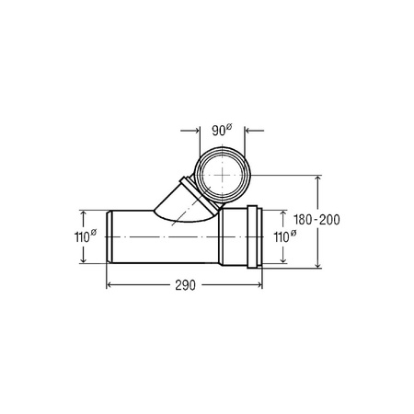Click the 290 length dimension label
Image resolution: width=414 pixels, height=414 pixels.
pos(185,285)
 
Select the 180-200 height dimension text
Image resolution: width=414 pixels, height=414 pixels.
pos(316,220)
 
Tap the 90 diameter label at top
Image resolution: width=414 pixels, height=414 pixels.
pos(222,131)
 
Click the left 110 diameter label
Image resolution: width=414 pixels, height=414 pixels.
pos(86,236)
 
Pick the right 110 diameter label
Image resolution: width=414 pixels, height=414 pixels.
pos(285,236)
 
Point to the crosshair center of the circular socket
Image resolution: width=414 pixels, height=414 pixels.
pos(223,175)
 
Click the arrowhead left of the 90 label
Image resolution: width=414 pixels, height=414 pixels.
pos(196,131)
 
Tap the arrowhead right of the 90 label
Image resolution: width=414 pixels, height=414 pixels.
pos(248,131)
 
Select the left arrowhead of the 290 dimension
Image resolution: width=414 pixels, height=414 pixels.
pos(109,285)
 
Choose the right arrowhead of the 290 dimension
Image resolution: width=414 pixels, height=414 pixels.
pos(259,285)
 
